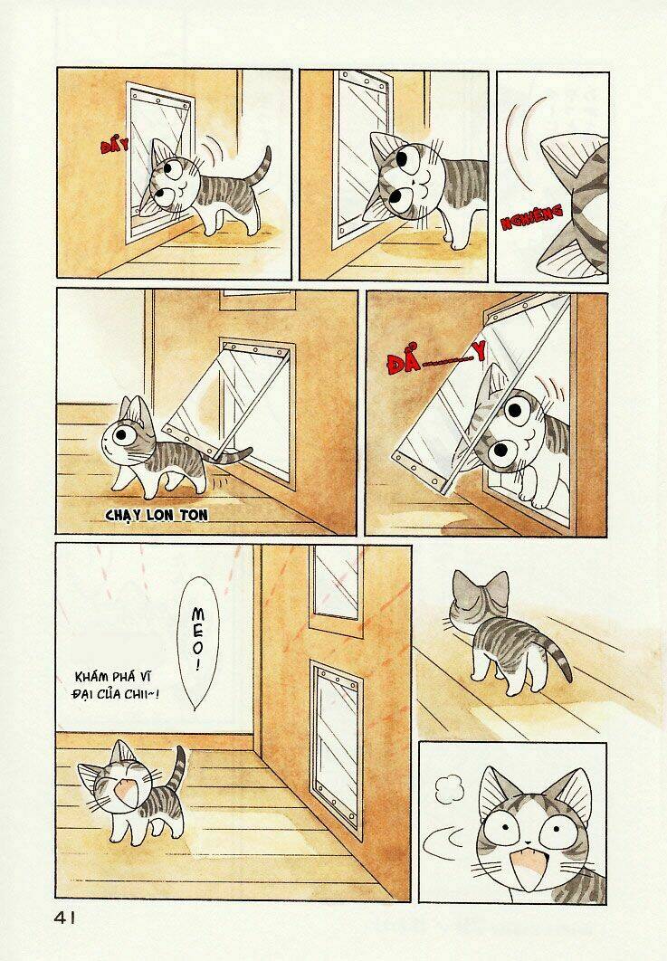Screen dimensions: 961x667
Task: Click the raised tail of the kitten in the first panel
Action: [262, 167]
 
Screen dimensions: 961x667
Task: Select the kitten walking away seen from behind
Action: [502, 629]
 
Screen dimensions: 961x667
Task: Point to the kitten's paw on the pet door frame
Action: [534, 489]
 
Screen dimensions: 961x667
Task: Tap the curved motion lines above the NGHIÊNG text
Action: [525, 145]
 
